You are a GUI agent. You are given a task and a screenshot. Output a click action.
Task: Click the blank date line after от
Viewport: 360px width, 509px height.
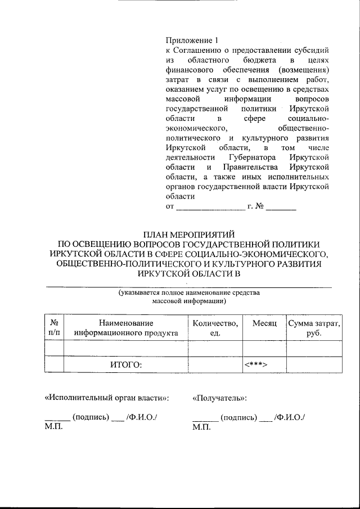pos(210,208)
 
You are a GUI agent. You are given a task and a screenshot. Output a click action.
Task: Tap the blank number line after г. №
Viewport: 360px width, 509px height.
pos(281,208)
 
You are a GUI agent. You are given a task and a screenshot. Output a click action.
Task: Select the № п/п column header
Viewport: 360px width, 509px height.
pos(55,328)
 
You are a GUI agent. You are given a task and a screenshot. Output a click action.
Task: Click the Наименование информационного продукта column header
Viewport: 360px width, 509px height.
pos(126,328)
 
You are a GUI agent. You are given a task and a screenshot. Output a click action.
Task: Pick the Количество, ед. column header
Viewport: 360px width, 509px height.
pos(215,328)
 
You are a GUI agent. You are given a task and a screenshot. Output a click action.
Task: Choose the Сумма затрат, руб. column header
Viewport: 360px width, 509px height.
pos(313,328)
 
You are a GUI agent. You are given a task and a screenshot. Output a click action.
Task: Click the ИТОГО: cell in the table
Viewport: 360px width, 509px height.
pos(126,364)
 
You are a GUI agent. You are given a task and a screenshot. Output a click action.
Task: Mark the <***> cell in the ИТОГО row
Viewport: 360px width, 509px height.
pos(255,364)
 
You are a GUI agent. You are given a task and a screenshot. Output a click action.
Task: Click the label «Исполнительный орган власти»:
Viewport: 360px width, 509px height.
pos(106,398)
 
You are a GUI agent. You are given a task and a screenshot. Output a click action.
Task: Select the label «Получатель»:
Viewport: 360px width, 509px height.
pos(220,398)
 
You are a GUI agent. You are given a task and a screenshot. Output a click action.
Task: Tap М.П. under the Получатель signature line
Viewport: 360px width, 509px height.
pos(201,427)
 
